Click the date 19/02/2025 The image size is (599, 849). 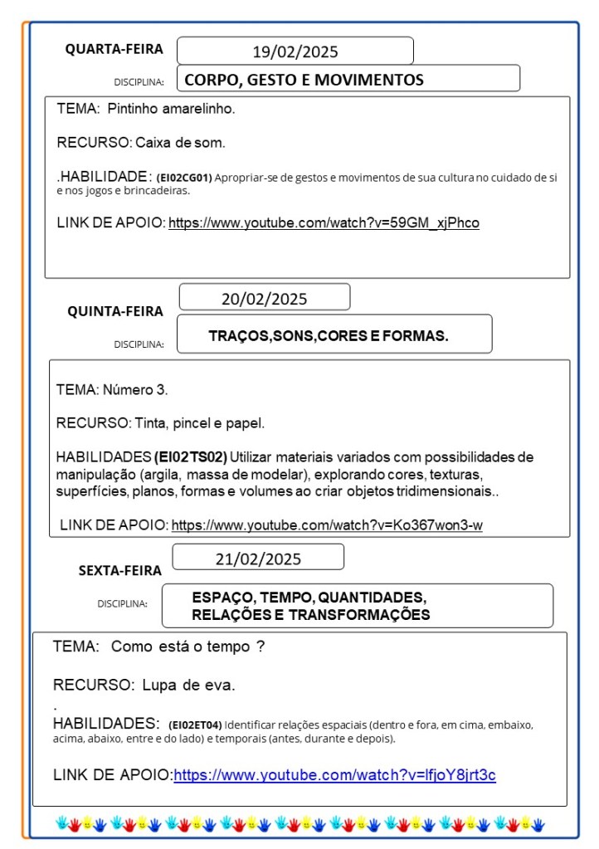[295, 51]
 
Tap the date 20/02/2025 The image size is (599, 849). [264, 299]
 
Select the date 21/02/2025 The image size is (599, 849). [258, 559]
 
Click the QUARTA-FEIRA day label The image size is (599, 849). [114, 49]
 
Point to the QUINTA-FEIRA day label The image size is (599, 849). [115, 311]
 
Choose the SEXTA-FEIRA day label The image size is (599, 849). [120, 570]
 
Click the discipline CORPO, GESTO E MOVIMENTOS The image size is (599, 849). [304, 80]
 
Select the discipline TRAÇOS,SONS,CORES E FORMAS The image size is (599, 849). [329, 335]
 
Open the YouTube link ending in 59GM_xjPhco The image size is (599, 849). [324, 222]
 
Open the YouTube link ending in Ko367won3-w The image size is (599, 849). [327, 525]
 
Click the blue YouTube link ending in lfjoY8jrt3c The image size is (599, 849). [334, 775]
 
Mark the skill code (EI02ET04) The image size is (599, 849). [195, 725]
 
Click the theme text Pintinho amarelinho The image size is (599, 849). [171, 109]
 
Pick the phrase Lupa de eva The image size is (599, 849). [188, 686]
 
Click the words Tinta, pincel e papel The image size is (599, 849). [200, 423]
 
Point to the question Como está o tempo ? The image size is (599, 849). [187, 647]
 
